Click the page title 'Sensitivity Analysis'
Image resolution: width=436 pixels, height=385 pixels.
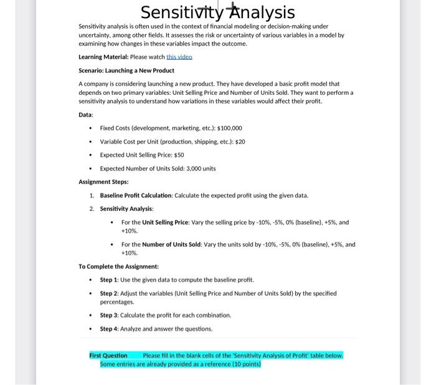point(217,12)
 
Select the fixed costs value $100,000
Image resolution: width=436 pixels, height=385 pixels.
point(216,127)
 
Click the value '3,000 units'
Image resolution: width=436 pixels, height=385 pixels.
point(200,168)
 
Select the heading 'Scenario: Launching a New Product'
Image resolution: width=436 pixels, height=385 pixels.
point(126,70)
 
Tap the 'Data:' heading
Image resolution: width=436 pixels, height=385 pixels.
point(86,115)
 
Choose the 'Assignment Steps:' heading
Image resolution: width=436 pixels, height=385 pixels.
point(103,182)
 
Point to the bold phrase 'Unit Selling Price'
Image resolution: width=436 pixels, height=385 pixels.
point(165,222)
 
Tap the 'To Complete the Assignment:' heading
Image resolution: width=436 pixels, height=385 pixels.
point(114,266)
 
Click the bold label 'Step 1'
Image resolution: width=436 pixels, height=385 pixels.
point(110,279)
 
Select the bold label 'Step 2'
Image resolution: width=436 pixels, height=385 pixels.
point(110,293)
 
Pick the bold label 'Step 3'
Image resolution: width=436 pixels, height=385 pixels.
point(110,314)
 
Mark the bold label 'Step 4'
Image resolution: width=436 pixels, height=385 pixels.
point(110,328)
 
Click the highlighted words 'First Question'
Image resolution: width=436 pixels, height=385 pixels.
point(108,355)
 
